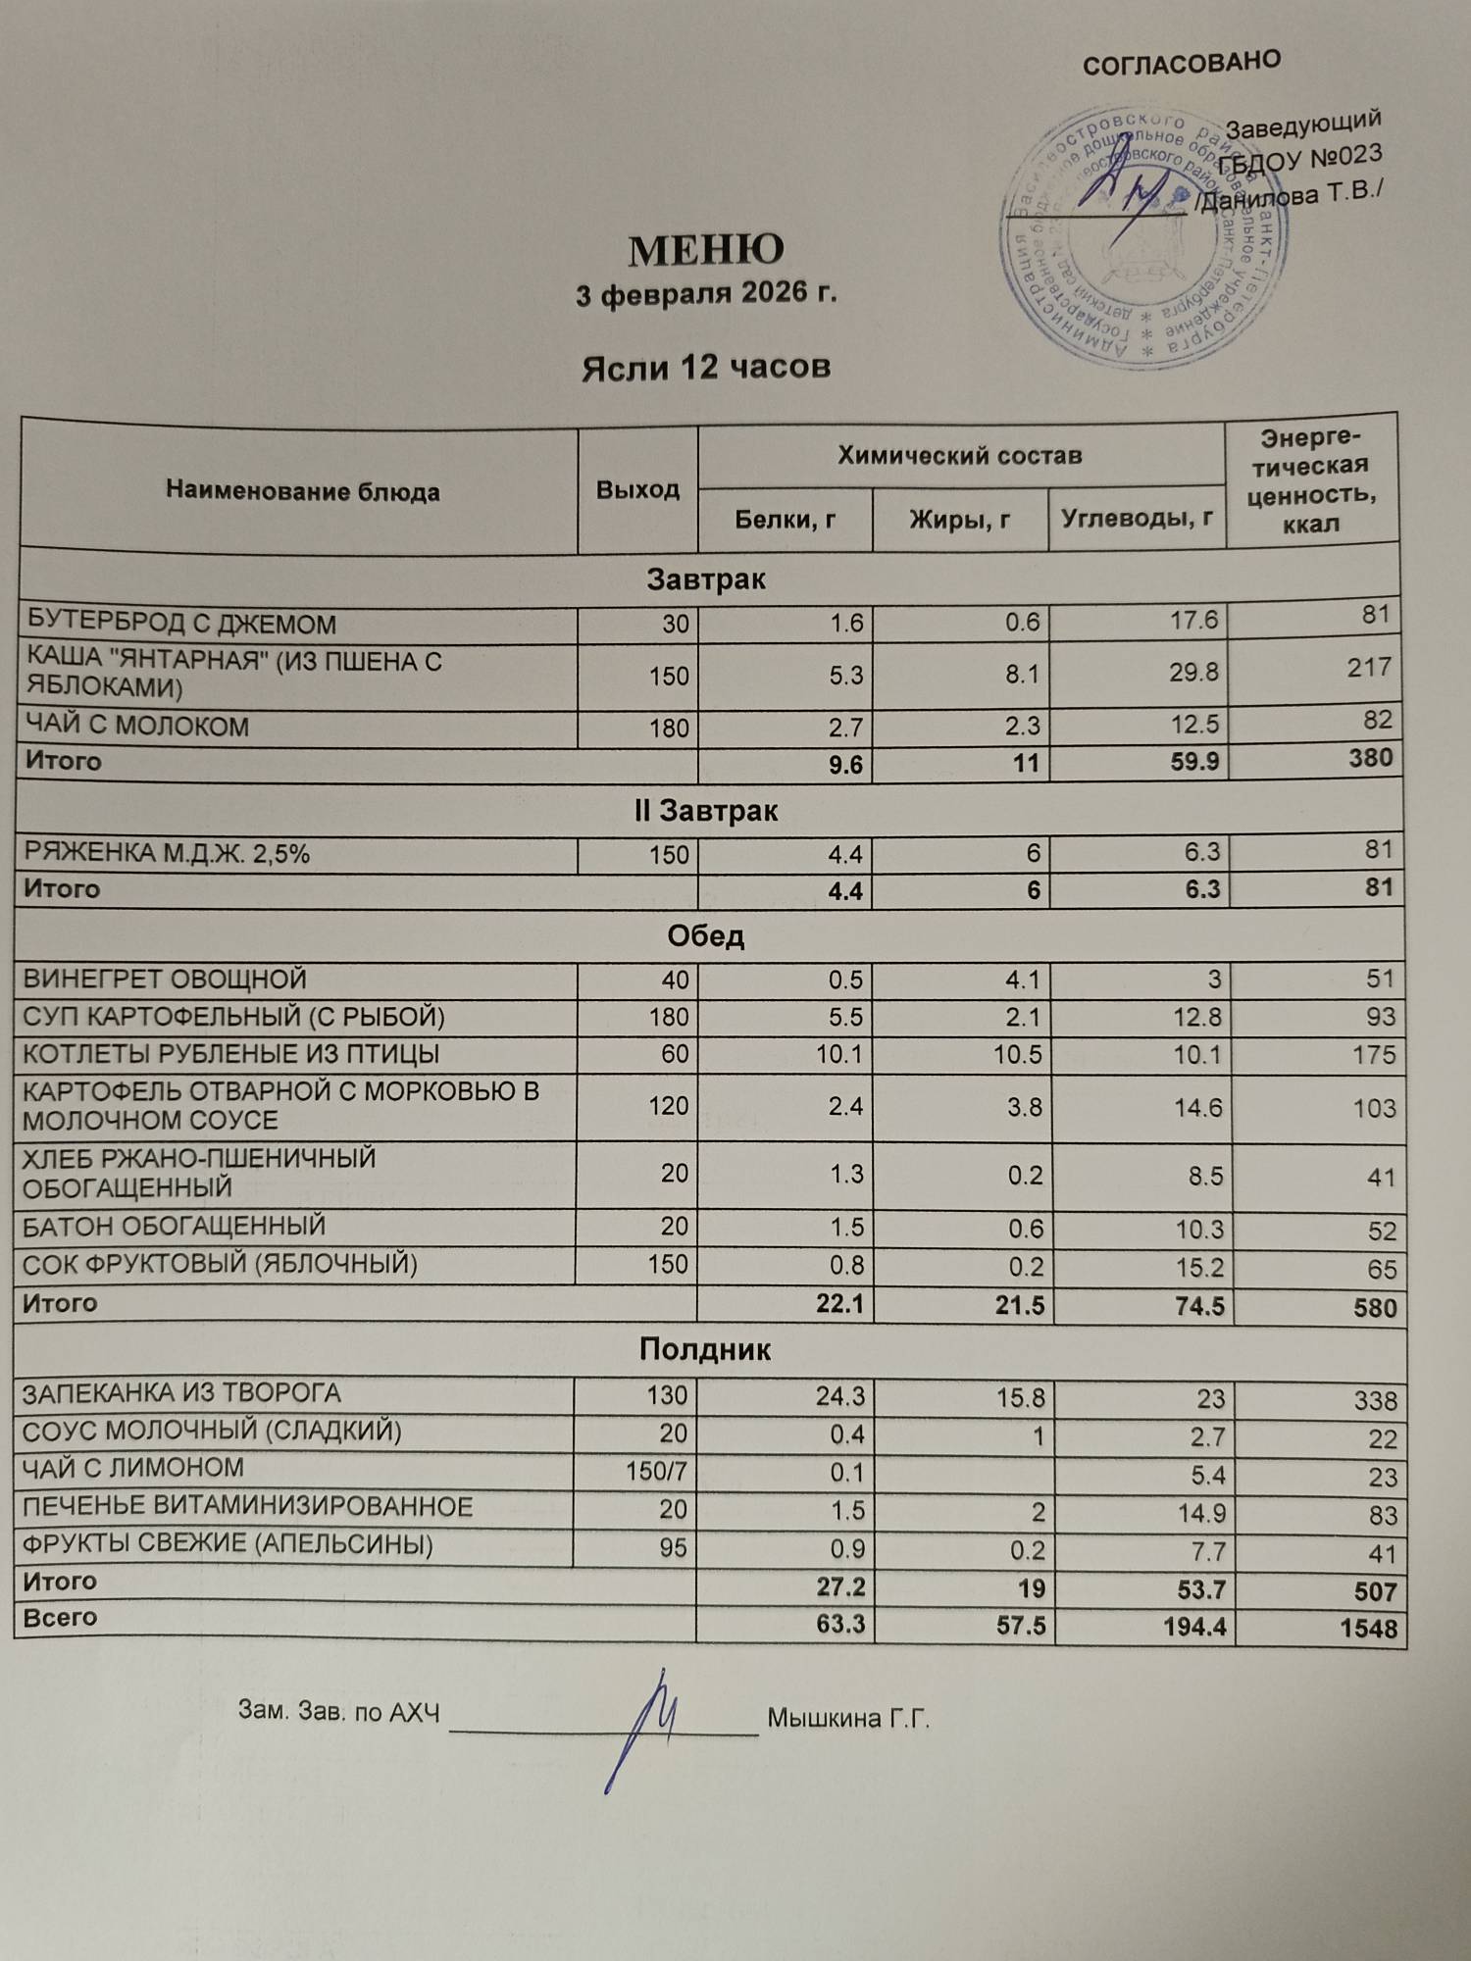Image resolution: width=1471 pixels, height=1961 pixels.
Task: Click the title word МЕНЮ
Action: tap(706, 251)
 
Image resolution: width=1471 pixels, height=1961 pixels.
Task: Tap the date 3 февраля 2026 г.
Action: tap(706, 294)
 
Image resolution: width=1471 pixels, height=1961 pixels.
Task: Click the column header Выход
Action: tap(637, 489)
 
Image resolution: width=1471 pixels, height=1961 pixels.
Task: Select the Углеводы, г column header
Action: tap(1137, 517)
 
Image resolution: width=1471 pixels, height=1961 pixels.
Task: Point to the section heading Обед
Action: tap(706, 936)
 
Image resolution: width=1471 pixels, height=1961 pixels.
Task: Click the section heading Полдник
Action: tap(705, 1350)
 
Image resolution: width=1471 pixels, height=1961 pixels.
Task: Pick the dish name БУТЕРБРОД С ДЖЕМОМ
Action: tap(181, 625)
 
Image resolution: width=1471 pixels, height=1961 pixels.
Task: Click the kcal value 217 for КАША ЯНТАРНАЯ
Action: tap(1369, 668)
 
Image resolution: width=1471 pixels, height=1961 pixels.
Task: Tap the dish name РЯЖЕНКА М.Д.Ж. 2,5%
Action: tap(167, 854)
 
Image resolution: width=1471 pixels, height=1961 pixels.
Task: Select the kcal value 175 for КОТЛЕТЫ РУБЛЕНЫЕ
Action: tap(1372, 1055)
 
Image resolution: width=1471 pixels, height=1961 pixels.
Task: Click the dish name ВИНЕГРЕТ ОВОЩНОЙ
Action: tap(165, 980)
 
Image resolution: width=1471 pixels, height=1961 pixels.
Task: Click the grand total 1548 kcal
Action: tap(1368, 1629)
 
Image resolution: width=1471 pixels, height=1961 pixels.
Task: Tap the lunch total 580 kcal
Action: tap(1374, 1308)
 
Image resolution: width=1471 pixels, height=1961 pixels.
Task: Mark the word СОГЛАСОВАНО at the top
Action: tap(1182, 63)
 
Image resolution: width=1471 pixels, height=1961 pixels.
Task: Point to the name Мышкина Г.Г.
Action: tap(848, 1719)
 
